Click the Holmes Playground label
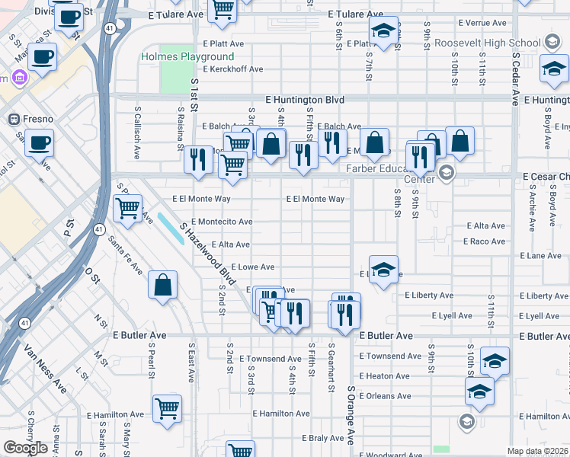187,57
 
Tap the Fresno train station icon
13,119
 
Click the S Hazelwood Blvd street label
205,252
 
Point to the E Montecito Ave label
223,222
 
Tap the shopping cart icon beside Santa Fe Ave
127,207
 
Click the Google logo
25,448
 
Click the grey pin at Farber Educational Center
447,173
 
